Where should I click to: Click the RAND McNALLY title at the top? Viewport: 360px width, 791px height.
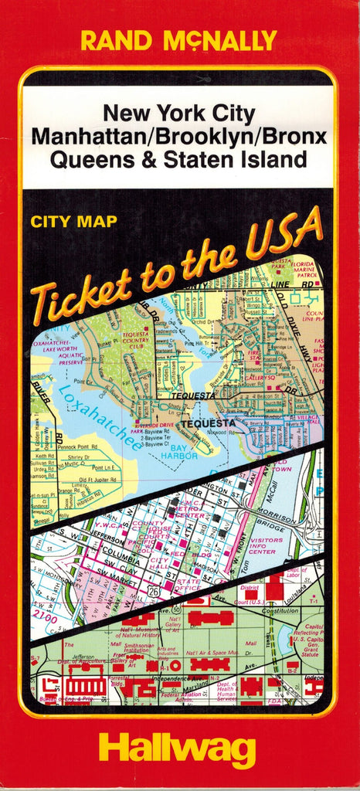click(179, 39)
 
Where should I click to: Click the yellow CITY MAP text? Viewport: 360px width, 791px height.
click(74, 222)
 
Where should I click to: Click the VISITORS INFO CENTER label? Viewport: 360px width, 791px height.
click(262, 546)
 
